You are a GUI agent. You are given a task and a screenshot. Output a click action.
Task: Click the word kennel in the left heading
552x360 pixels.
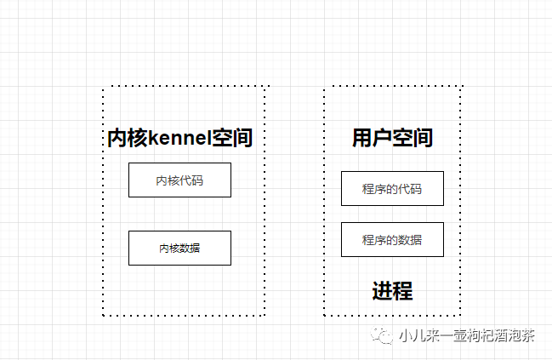click(181, 138)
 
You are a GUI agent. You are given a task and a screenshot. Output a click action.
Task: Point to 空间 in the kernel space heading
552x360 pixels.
click(233, 138)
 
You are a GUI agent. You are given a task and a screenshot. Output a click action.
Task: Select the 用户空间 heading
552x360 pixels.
click(392, 138)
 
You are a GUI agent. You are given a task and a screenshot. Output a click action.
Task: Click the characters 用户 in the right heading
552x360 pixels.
click(372, 138)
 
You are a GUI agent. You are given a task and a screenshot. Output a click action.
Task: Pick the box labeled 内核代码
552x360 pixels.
click(179, 180)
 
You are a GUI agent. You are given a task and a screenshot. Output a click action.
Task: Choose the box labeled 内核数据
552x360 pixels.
click(179, 248)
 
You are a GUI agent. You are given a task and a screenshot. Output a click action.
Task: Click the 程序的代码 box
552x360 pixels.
click(392, 188)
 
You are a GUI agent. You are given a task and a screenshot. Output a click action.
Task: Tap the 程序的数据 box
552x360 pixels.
click(392, 239)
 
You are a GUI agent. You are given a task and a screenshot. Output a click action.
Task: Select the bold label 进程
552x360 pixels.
click(392, 291)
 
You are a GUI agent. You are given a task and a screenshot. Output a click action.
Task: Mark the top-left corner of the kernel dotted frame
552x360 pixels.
click(104, 88)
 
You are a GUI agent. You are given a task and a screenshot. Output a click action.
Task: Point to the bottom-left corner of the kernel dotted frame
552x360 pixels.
click(104, 314)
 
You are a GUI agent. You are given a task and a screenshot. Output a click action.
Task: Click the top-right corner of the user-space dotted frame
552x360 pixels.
click(460, 88)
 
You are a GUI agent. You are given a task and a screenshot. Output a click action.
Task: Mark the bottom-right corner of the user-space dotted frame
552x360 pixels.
click(460, 314)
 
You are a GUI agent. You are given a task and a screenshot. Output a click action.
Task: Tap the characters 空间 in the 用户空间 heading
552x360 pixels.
click(413, 138)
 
